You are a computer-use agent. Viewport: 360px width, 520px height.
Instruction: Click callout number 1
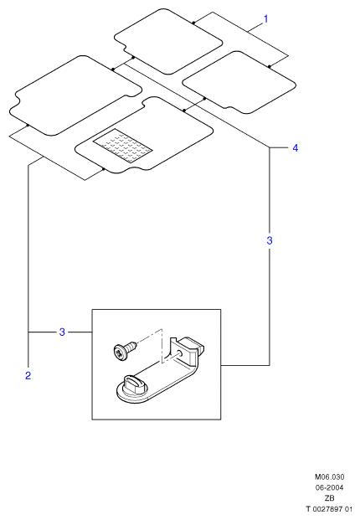[x=265, y=19]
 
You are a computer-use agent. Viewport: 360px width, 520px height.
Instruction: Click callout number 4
[x=295, y=148]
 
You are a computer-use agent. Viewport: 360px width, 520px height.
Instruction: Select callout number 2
[x=28, y=375]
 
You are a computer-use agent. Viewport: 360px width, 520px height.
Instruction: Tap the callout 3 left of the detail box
[x=62, y=332]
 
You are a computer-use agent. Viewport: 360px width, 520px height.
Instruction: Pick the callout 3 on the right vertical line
[x=270, y=240]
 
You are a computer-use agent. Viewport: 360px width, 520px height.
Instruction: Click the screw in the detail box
[x=124, y=348]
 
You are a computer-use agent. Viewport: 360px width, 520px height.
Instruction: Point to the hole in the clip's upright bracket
[x=179, y=353]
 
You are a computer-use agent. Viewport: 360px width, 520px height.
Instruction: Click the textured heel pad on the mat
[x=123, y=146]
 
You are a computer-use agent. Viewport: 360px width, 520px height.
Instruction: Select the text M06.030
[x=330, y=477]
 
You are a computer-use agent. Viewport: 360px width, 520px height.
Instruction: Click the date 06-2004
[x=330, y=487]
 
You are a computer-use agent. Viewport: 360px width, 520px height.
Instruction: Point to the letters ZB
[x=330, y=498]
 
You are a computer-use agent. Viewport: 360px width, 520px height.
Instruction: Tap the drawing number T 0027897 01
[x=328, y=509]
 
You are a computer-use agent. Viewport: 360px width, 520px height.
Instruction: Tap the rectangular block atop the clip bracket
[x=192, y=347]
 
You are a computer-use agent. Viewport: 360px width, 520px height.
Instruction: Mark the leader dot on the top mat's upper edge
[x=193, y=23]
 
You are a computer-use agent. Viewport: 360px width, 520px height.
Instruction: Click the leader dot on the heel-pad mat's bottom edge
[x=104, y=169]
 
